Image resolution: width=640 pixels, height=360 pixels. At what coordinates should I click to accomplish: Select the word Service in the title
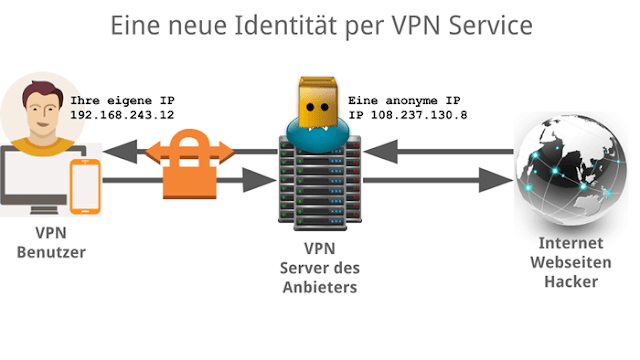pyautogui.click(x=490, y=25)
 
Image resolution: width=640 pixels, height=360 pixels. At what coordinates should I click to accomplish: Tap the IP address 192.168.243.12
pyautogui.click(x=122, y=115)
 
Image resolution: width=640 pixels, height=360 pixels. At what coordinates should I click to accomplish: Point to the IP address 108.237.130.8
pyautogui.click(x=419, y=115)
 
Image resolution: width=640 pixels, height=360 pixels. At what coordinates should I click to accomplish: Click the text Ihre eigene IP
pyautogui.click(x=122, y=100)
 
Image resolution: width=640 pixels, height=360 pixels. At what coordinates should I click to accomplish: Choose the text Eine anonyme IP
pyautogui.click(x=404, y=100)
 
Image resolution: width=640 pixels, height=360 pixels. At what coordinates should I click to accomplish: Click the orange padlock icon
pyautogui.click(x=190, y=164)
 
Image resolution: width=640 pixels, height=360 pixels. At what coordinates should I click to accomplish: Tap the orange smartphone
pyautogui.click(x=85, y=187)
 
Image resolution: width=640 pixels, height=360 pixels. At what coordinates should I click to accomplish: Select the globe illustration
pyautogui.click(x=570, y=171)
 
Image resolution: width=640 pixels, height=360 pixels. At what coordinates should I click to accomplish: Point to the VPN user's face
pyautogui.click(x=42, y=110)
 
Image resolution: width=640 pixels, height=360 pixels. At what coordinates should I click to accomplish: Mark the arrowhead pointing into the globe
pyautogui.click(x=495, y=180)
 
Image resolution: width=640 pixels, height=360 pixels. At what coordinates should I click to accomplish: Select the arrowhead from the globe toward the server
pyautogui.click(x=380, y=152)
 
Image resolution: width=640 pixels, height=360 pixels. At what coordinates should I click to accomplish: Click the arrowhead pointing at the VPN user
pyautogui.click(x=120, y=152)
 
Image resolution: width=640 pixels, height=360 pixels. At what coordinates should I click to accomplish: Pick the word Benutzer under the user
pyautogui.click(x=51, y=252)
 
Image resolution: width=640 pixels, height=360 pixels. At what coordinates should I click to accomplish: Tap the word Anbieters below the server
pyautogui.click(x=320, y=287)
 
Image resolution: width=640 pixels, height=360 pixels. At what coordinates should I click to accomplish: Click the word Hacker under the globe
pyautogui.click(x=571, y=282)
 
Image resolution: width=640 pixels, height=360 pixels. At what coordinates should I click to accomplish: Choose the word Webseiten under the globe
pyautogui.click(x=571, y=262)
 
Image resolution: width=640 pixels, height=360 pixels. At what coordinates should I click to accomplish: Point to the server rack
pyautogui.click(x=320, y=182)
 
